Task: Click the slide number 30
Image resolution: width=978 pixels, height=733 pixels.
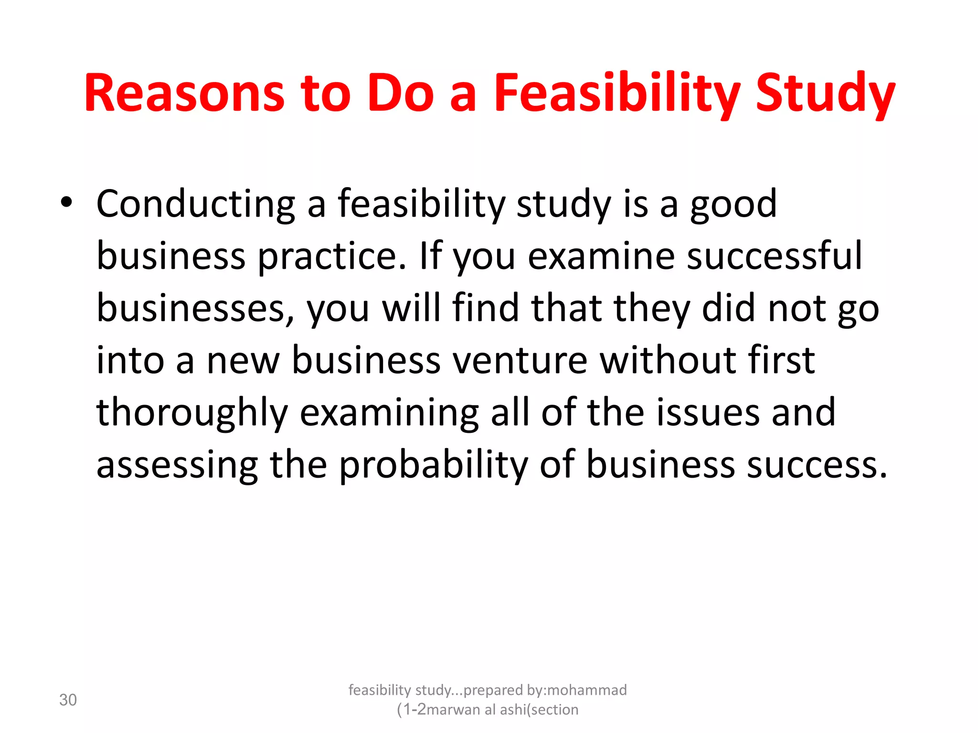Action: tap(68, 700)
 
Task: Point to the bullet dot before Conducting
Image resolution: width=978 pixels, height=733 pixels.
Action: tap(66, 202)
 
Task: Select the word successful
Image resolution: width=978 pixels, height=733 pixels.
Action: tap(774, 256)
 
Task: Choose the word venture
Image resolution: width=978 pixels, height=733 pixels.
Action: tap(520, 360)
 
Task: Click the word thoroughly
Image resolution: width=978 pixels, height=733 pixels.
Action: tap(192, 413)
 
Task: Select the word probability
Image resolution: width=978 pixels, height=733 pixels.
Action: tap(434, 465)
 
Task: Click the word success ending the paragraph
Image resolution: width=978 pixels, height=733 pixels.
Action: tap(812, 465)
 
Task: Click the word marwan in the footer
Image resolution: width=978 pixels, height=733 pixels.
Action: tap(453, 710)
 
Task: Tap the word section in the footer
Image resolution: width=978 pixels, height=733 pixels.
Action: tap(554, 710)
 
